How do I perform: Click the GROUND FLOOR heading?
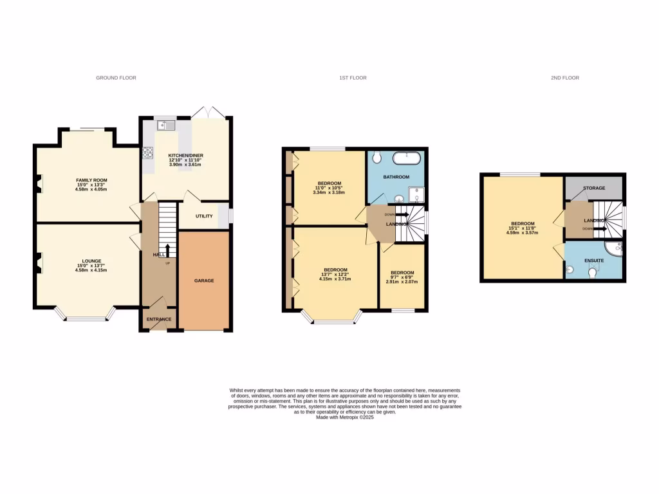pyautogui.click(x=116, y=78)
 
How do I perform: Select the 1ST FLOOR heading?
pyautogui.click(x=353, y=78)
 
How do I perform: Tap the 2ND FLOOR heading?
pyautogui.click(x=564, y=78)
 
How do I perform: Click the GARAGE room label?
pyautogui.click(x=205, y=280)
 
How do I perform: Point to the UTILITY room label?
pyautogui.click(x=204, y=216)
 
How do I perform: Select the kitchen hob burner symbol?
pyautogui.click(x=148, y=153)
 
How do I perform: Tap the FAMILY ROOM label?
pyautogui.click(x=91, y=180)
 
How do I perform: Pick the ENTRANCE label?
pyautogui.click(x=159, y=319)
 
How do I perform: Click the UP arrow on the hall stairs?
pyautogui.click(x=167, y=250)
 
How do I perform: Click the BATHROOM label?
pyautogui.click(x=396, y=176)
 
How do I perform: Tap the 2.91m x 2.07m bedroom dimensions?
pyautogui.click(x=402, y=282)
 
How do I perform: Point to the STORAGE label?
pyautogui.click(x=593, y=188)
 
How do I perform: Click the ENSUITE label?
pyautogui.click(x=593, y=260)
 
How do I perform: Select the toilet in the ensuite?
pyautogui.click(x=593, y=273)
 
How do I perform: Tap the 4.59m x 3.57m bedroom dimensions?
pyautogui.click(x=522, y=232)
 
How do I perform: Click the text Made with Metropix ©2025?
pyautogui.click(x=345, y=417)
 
